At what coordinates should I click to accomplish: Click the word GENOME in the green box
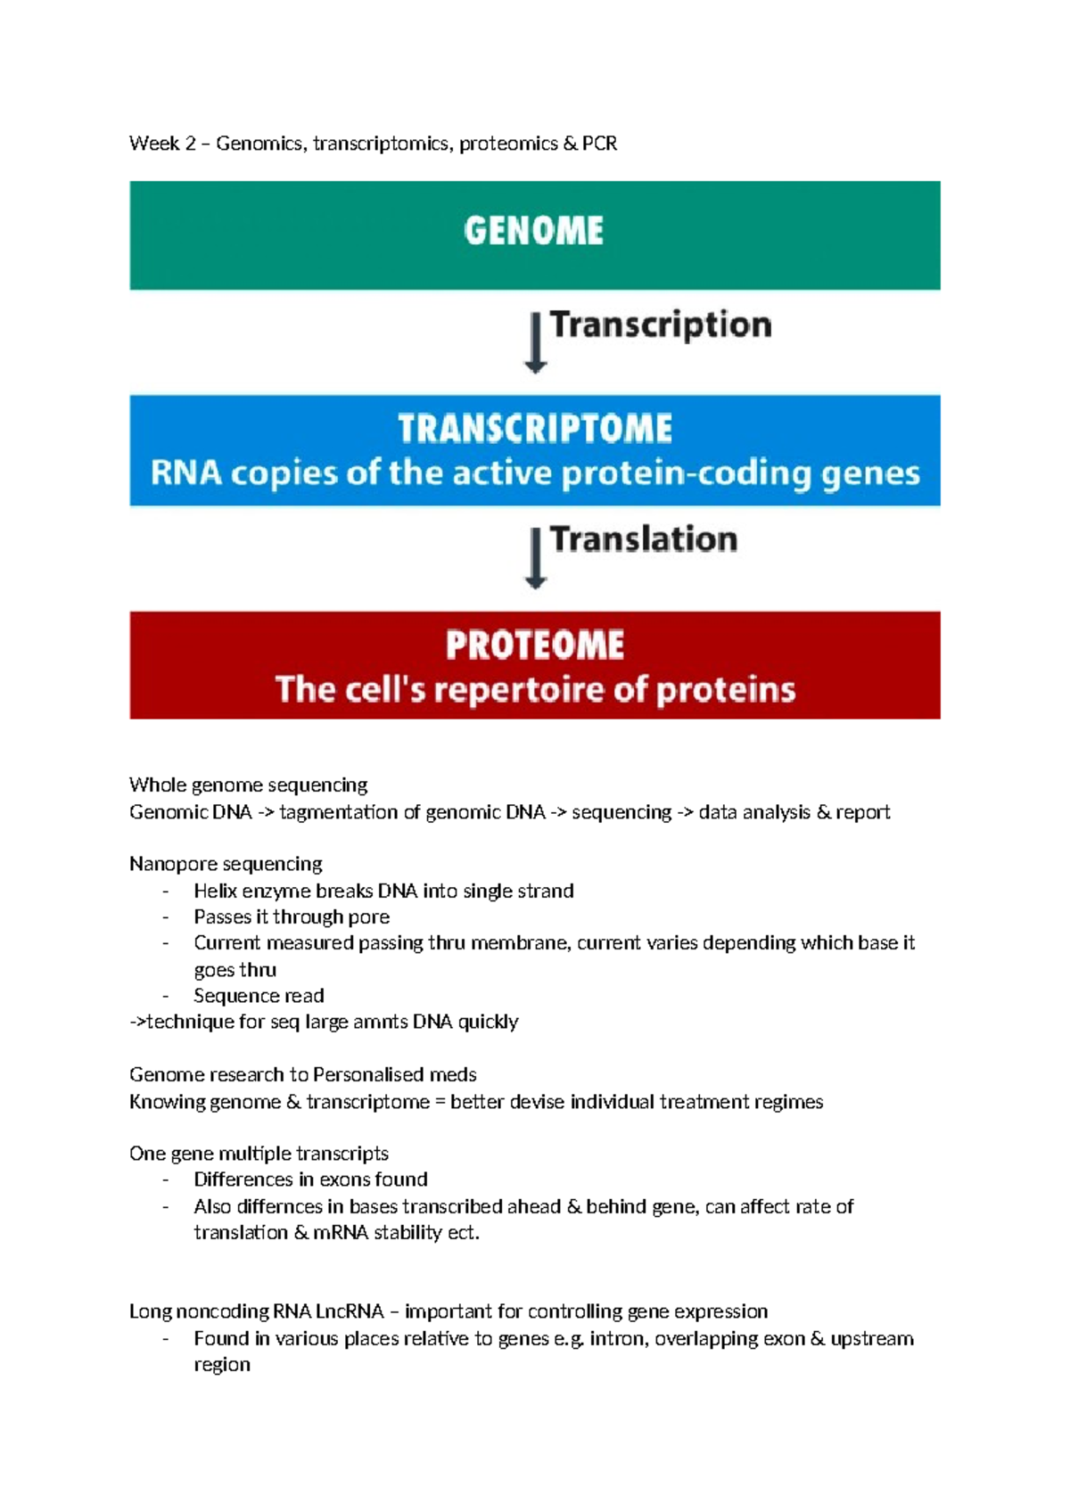pos(533,231)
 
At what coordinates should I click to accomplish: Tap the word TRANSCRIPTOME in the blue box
pos(535,429)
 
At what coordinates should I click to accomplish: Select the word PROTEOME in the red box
pos(535,645)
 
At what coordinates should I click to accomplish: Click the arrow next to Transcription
pos(535,342)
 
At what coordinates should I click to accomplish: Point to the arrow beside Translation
pos(535,558)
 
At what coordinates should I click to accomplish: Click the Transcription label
pos(661,325)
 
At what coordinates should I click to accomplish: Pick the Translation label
pos(644,539)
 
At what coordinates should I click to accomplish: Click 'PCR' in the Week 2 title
pos(599,144)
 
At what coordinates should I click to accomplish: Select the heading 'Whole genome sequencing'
pos(248,785)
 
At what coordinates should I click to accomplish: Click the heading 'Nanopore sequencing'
pos(226,864)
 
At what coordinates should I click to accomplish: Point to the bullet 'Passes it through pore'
pos(292,916)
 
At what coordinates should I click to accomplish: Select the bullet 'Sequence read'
pos(259,996)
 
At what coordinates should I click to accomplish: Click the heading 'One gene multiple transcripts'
pos(259,1154)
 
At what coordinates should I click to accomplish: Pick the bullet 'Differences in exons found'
pos(310,1179)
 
